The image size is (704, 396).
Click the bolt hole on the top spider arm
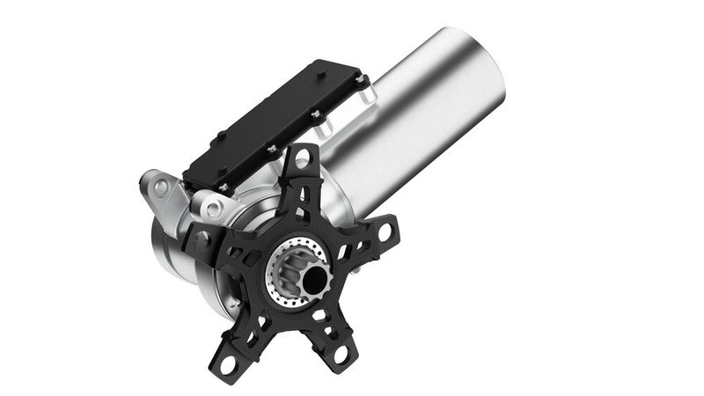click(x=302, y=159)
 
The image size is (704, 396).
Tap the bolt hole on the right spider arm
click(x=385, y=231)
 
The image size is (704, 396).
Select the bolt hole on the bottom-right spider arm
click(x=341, y=354)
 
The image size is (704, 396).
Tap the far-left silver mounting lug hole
click(x=160, y=187)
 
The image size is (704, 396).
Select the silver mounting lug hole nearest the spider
click(x=213, y=209)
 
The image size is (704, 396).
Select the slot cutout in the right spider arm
click(x=352, y=247)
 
